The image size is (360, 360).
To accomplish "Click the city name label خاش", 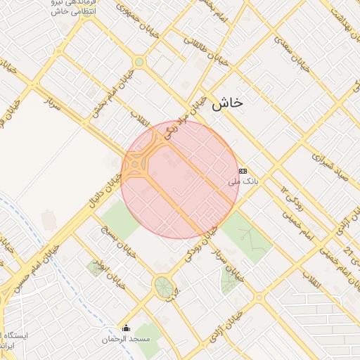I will pos(226,103).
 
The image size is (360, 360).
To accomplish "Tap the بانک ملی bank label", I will pos(244,181).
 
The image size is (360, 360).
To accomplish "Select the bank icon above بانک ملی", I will pos(243,170).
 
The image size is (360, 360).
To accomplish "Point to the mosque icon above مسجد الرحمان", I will pos(127,328).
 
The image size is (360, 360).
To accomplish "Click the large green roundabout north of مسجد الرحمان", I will pos(163,285).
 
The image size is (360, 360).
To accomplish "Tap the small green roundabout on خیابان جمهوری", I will pos(139,62).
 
